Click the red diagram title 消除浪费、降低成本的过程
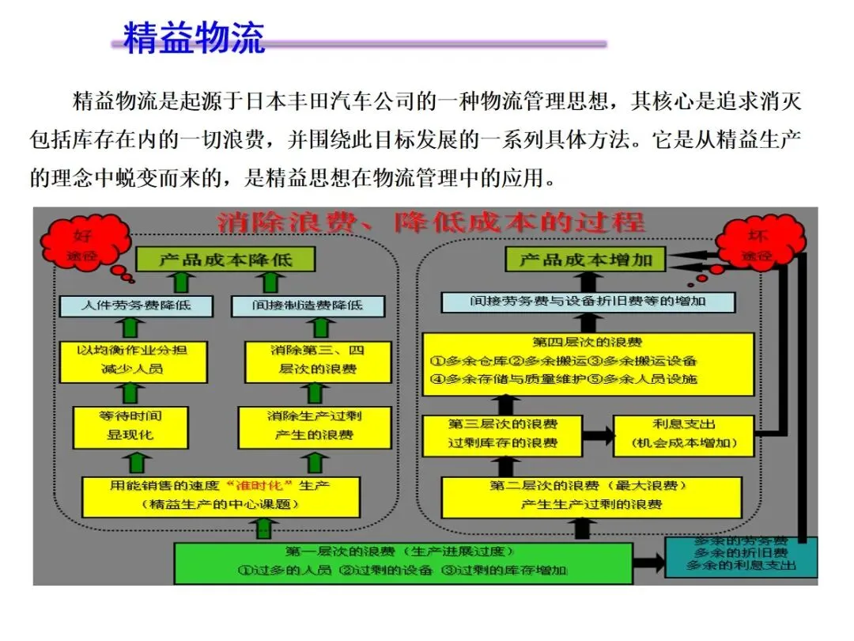click(x=431, y=222)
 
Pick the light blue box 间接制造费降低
click(x=308, y=305)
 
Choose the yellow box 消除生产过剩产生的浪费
click(x=314, y=425)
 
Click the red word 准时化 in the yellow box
click(x=255, y=484)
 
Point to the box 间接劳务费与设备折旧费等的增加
click(x=588, y=302)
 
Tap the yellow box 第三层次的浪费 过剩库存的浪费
click(x=502, y=434)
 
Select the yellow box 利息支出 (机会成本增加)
click(x=684, y=434)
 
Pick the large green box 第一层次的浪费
click(x=403, y=562)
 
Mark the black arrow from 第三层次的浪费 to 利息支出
click(x=598, y=434)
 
